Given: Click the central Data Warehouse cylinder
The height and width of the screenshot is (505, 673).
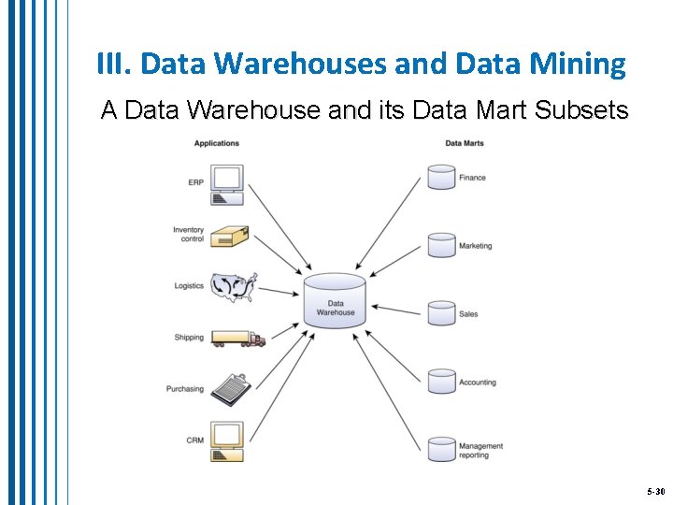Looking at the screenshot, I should coord(335,300).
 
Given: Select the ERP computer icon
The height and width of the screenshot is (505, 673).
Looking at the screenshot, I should coord(227,183).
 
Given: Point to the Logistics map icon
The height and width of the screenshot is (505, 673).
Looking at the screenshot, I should coord(233,286).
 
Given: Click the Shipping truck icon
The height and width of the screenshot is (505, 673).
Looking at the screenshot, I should coord(237,338).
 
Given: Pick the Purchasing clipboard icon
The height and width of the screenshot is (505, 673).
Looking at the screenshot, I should coord(230,388).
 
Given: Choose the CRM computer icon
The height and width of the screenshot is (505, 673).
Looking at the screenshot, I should coord(227,440).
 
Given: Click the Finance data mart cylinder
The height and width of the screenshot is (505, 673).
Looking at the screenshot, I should coord(441,177).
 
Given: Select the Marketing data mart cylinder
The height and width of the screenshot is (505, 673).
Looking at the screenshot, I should coord(441,245).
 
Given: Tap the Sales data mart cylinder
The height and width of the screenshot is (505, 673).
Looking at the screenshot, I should coord(441,313).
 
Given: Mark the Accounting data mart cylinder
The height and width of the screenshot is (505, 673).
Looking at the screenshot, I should coord(441,382).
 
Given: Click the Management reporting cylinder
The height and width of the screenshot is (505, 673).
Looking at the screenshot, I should coord(441,449).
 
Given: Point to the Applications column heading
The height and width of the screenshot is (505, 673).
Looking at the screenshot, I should coord(217,143).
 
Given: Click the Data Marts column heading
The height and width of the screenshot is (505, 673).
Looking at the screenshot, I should coord(464,143).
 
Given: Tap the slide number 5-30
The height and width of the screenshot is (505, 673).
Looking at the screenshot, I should coord(654,491).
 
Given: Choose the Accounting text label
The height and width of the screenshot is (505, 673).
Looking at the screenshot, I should coord(478,382).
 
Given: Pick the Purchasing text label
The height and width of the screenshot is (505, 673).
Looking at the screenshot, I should coord(185,389).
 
